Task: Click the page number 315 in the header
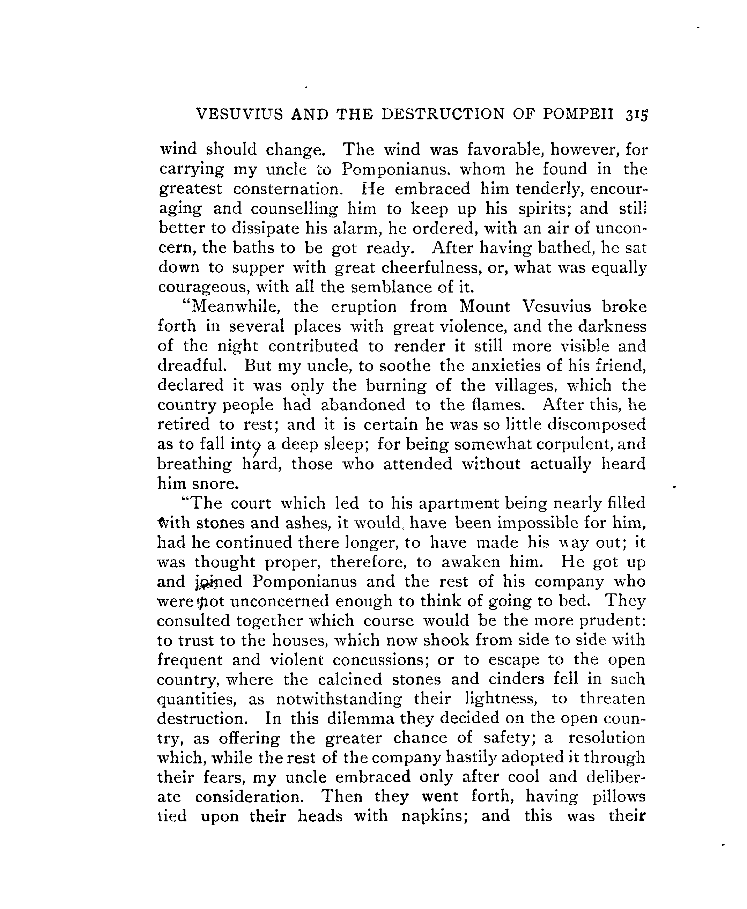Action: pos(636,115)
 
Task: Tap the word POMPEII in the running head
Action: pos(578,114)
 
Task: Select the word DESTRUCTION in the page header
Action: pos(442,114)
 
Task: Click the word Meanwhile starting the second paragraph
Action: pos(235,307)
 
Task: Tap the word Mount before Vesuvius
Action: pos(485,307)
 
